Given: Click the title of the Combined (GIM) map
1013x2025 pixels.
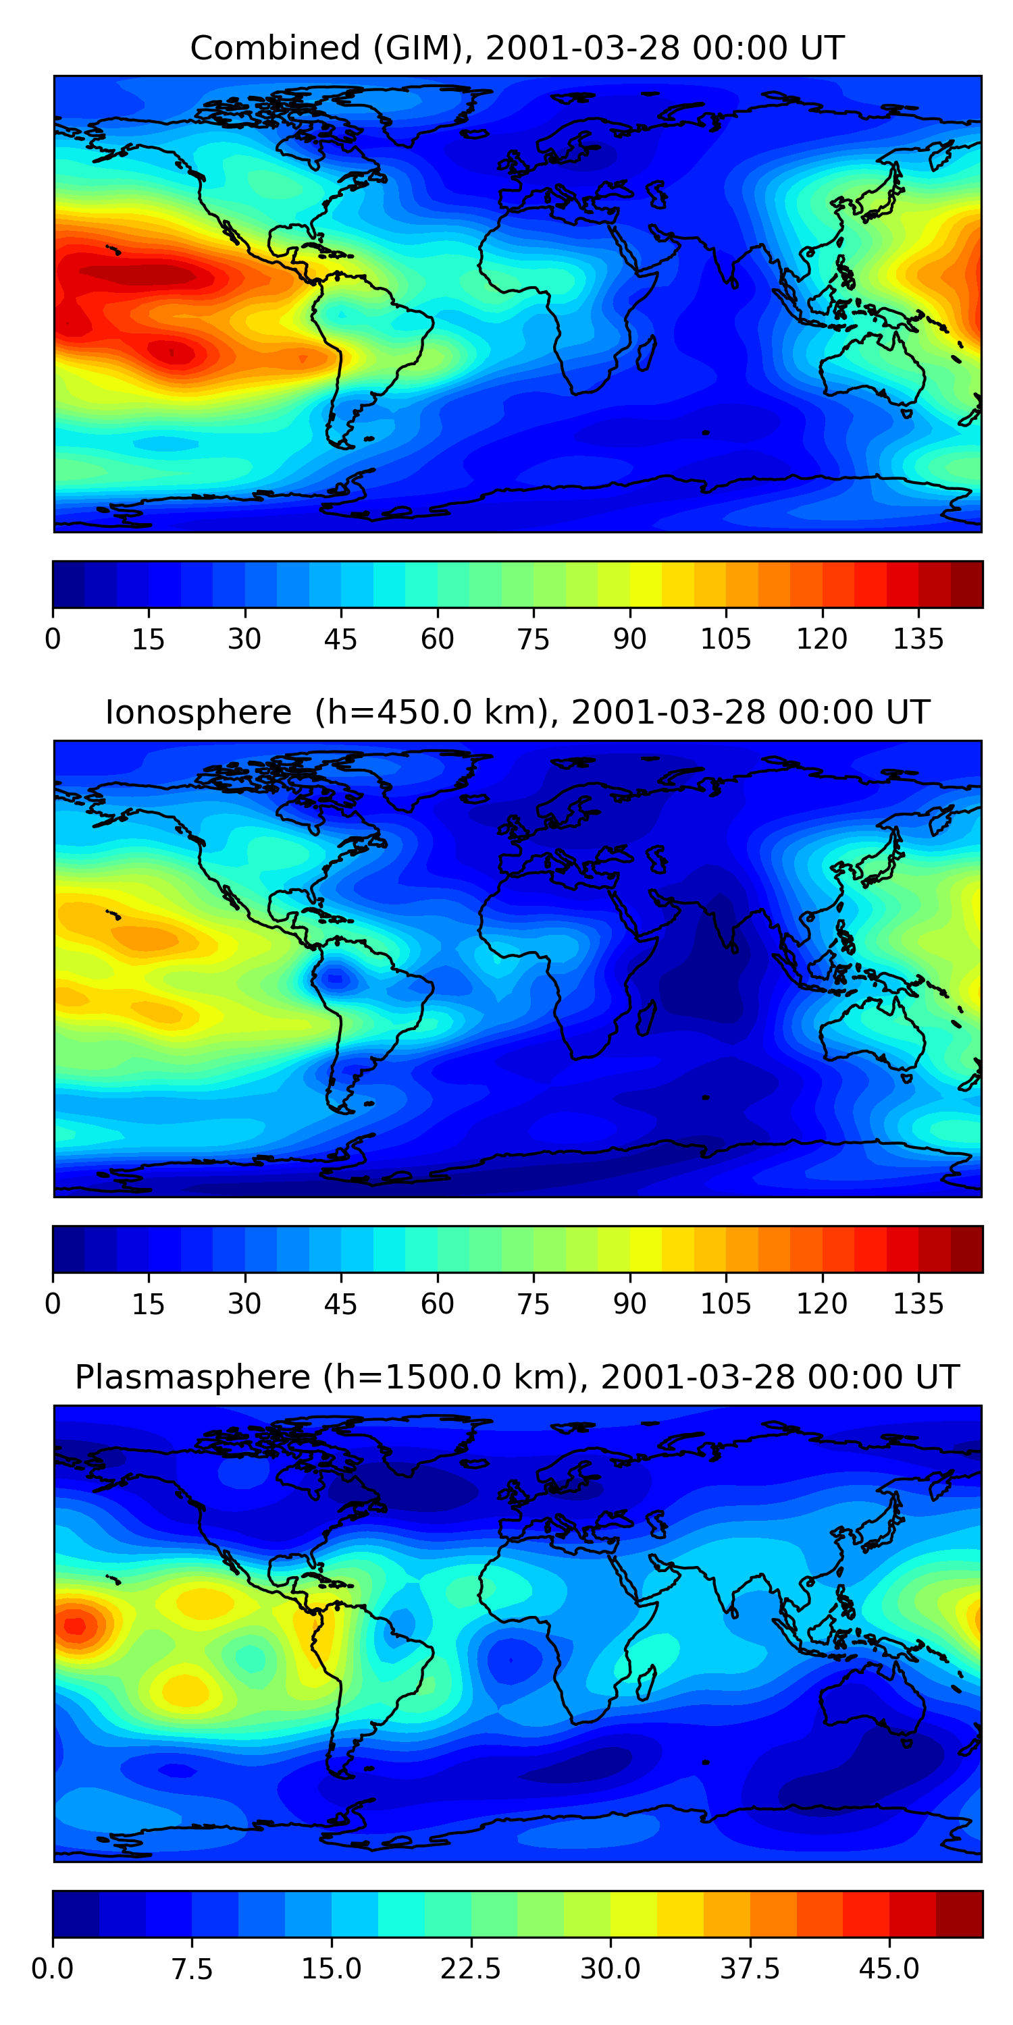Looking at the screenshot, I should point(517,48).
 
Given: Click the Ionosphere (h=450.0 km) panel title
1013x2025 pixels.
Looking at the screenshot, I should point(517,712).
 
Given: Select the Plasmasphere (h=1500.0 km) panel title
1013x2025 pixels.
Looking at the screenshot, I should point(517,1377).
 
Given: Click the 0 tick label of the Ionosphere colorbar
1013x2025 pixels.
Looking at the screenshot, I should point(53,1303).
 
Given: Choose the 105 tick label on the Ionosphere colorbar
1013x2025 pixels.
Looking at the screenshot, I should point(726,1303).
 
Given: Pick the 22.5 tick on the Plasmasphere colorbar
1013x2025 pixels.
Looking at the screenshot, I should point(470,1968).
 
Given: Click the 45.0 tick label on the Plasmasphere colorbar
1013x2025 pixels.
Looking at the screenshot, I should point(889,1968).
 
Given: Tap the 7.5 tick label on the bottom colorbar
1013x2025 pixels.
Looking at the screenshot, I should point(192,1968).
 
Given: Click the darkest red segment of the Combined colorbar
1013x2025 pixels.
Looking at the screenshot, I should point(966,584).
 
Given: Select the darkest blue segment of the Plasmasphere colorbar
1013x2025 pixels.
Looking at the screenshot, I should point(76,1914).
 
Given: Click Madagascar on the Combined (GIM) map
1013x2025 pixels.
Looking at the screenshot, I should point(646,353).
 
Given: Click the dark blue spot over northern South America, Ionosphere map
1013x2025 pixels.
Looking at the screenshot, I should point(336,979).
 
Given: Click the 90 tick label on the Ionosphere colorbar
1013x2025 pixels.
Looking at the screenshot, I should point(629,1303).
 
